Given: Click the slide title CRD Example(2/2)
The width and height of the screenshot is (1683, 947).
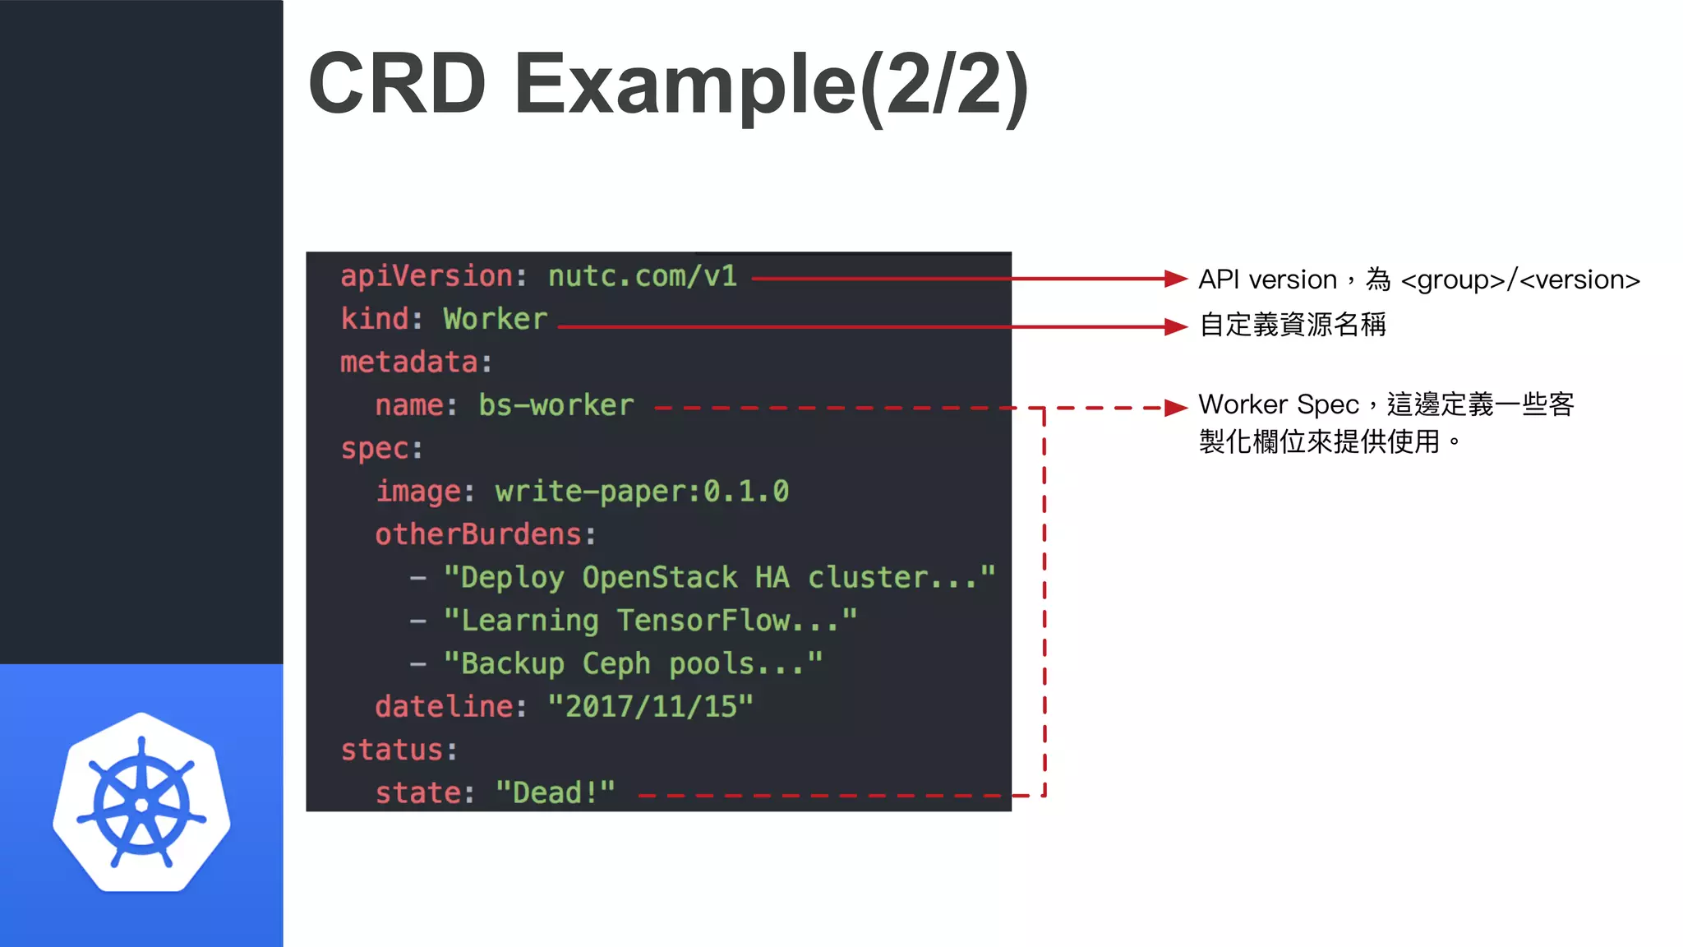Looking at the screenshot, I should pos(667,84).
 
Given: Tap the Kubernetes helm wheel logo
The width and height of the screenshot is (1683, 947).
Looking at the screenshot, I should pos(141,803).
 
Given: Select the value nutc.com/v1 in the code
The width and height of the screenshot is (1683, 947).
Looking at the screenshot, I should pos(642,276).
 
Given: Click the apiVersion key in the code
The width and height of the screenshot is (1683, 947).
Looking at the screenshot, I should pos(427,276).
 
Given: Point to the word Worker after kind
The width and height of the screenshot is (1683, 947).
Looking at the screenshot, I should pos(495,319).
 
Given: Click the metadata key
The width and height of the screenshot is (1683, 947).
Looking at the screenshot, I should pos(408,363).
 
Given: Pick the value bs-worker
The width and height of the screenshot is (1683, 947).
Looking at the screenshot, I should pos(556,405).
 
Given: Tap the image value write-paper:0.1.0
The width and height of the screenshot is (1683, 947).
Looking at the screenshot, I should pos(642,492).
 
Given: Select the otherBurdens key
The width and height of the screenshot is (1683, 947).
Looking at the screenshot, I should pos(478,534).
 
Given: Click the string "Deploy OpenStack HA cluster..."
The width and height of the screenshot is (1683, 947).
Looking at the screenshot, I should pos(719,577).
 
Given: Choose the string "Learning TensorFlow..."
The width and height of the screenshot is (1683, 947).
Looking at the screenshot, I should pos(650,621).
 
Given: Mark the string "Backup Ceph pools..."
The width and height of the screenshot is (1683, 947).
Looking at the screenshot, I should pos(633,663).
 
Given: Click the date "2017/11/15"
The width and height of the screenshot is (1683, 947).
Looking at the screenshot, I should pos(650,707).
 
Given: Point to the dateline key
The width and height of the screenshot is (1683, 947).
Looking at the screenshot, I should pos(444,707).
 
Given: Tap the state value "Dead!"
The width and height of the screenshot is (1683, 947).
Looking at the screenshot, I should pos(556,793).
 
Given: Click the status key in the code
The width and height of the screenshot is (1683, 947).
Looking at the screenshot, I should pos(392,750).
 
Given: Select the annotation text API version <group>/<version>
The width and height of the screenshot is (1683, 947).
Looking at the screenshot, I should pos(1418,279).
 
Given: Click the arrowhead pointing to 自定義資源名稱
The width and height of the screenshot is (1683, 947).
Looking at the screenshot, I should pos(1177,327).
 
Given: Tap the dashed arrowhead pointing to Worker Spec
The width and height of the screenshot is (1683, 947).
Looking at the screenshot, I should pos(1177,408).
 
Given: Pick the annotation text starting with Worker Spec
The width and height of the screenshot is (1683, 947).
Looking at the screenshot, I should pos(1386,423).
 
